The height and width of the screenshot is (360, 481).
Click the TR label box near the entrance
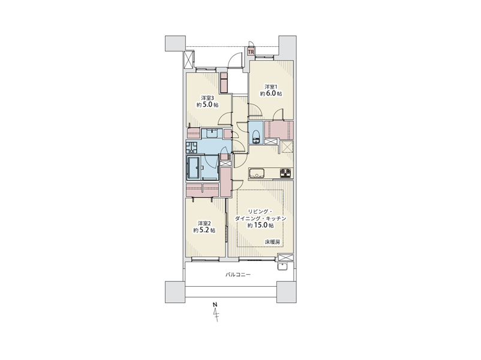point(251,52)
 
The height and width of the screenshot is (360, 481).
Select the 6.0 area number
point(271,94)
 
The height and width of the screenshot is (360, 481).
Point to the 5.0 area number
point(208,105)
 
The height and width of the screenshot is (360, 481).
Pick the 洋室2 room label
point(204,223)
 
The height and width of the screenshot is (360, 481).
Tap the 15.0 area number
point(260,226)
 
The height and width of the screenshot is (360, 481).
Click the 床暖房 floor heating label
point(272,242)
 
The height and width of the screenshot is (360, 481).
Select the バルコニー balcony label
point(238,274)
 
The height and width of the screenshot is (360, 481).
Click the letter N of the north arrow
point(215,305)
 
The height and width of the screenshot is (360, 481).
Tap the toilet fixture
point(255,137)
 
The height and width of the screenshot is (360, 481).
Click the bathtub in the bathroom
point(193,167)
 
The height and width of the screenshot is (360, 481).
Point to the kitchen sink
point(257,173)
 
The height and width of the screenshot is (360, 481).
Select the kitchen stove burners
point(287,173)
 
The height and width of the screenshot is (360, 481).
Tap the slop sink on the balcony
point(282,266)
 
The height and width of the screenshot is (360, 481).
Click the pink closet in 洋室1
point(279,130)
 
